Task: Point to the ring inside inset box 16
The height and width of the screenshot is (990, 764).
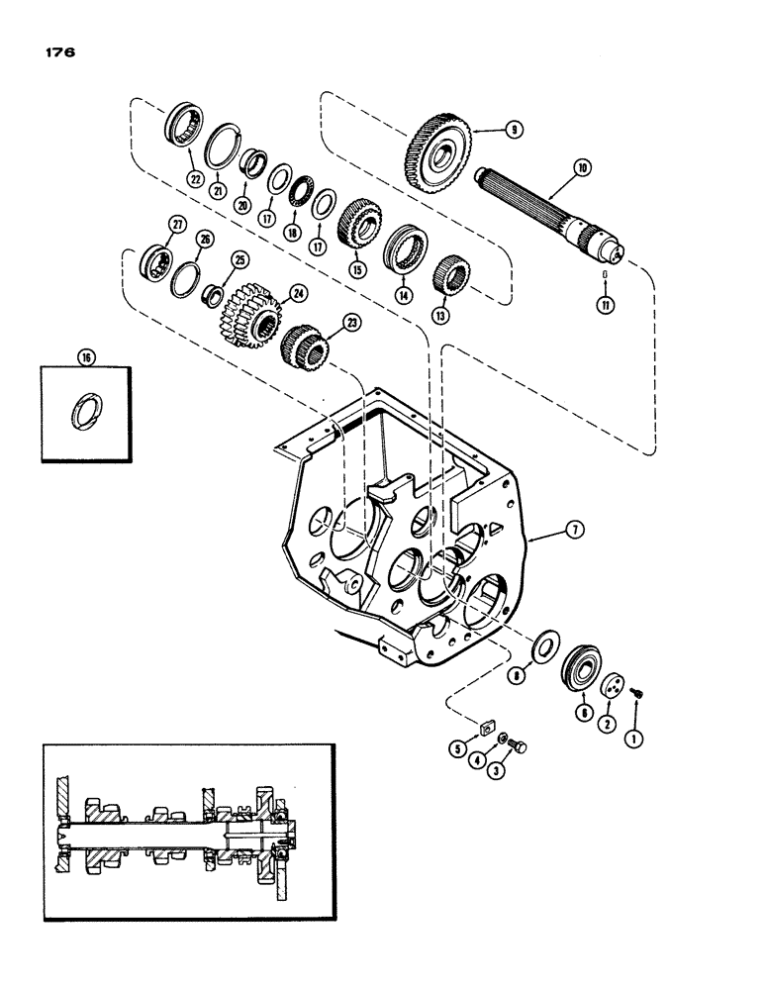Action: tap(83, 411)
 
